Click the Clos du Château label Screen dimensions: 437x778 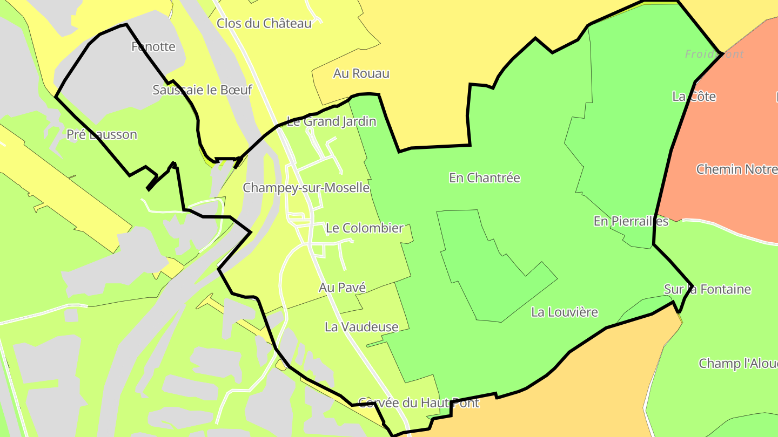(x=264, y=23)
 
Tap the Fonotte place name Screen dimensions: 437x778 (x=153, y=46)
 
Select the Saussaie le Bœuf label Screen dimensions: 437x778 (x=202, y=90)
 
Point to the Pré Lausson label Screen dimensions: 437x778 (x=102, y=134)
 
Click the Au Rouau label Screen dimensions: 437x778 (x=361, y=73)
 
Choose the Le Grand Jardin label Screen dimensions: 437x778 (x=331, y=121)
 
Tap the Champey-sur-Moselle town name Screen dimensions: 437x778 (x=306, y=188)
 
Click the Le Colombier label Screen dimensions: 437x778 (x=365, y=228)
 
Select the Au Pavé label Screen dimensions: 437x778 (x=342, y=288)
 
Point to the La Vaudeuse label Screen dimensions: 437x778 (x=361, y=326)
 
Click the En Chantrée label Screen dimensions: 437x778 (x=484, y=177)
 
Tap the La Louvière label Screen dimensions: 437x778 (x=565, y=312)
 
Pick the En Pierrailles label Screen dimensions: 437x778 (x=631, y=221)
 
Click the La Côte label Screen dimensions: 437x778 (x=694, y=97)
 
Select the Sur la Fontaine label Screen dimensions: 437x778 (x=707, y=289)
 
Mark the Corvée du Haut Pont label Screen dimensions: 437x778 (x=419, y=402)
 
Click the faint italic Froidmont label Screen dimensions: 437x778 (x=714, y=54)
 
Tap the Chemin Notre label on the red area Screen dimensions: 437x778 (x=736, y=169)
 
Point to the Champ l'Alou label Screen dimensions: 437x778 (x=738, y=363)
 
